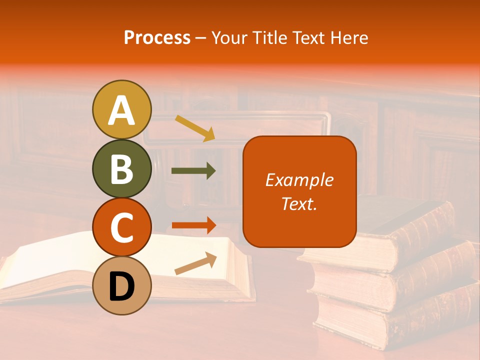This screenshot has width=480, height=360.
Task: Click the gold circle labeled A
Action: (122, 109)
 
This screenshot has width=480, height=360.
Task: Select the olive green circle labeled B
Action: (122, 168)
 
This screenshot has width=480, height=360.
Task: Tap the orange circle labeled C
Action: (122, 227)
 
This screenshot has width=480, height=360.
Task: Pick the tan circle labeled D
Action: (122, 285)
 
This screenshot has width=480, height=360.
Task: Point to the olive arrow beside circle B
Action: (193, 171)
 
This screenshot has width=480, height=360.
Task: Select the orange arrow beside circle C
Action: (193, 225)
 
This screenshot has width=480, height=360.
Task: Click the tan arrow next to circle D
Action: (195, 263)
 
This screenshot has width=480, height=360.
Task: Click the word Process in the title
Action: (157, 38)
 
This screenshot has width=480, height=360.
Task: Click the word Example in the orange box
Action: (299, 180)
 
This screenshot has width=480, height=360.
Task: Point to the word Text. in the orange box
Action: (299, 203)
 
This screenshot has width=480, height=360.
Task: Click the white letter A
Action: (122, 110)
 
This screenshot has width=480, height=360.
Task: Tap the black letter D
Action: (122, 286)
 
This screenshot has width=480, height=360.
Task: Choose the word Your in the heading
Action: (230, 38)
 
